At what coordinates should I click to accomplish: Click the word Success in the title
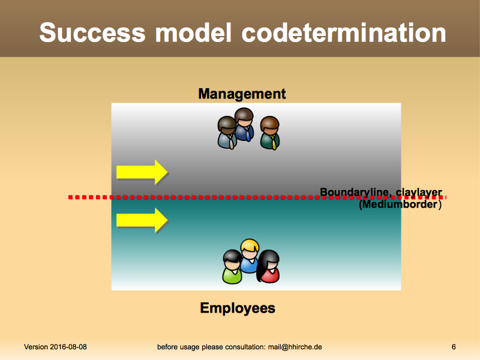(92, 32)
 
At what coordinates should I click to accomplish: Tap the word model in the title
(193, 32)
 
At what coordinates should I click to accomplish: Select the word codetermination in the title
(343, 32)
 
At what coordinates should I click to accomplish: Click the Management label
(242, 94)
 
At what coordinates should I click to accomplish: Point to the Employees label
(238, 308)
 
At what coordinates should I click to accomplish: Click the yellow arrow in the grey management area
(142, 172)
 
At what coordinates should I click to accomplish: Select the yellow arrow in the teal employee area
(142, 220)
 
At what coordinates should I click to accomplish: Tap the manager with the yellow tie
(269, 133)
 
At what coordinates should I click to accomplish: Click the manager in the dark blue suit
(244, 125)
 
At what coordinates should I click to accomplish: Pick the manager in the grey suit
(227, 133)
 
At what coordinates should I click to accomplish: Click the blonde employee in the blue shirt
(250, 256)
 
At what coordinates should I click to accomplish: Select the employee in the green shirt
(232, 266)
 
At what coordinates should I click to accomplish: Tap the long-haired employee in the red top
(268, 266)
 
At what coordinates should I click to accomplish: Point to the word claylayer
(419, 193)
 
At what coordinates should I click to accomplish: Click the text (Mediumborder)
(400, 204)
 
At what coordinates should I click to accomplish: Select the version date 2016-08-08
(68, 347)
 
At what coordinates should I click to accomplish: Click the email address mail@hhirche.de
(295, 347)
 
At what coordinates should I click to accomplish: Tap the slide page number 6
(454, 347)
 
